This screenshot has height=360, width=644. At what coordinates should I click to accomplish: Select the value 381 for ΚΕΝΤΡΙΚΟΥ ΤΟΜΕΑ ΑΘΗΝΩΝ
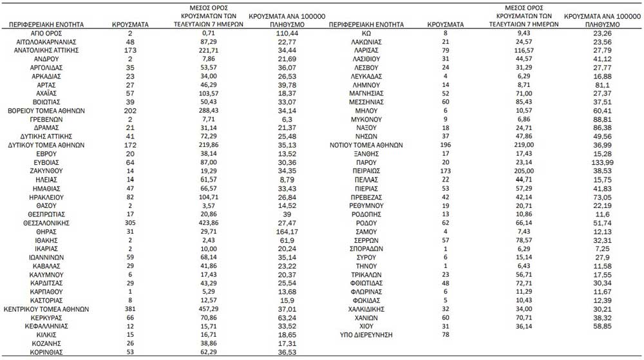(x=130, y=309)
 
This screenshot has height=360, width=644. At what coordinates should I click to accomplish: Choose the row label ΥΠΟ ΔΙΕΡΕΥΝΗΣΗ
(x=366, y=335)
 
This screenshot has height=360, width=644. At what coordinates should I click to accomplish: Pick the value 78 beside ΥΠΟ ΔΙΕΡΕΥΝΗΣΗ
(x=444, y=335)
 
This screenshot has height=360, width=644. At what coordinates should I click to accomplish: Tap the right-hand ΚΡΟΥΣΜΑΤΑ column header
(x=446, y=24)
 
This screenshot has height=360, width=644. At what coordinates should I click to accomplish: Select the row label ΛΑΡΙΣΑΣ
(x=366, y=50)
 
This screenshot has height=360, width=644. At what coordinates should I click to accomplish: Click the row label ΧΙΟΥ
(x=366, y=327)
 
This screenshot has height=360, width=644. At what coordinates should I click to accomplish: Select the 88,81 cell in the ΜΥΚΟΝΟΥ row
(x=591, y=119)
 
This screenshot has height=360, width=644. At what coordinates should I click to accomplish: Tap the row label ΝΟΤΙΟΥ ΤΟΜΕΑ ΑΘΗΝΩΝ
(x=366, y=145)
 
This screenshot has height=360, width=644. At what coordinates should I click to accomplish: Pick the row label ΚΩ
(x=366, y=32)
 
